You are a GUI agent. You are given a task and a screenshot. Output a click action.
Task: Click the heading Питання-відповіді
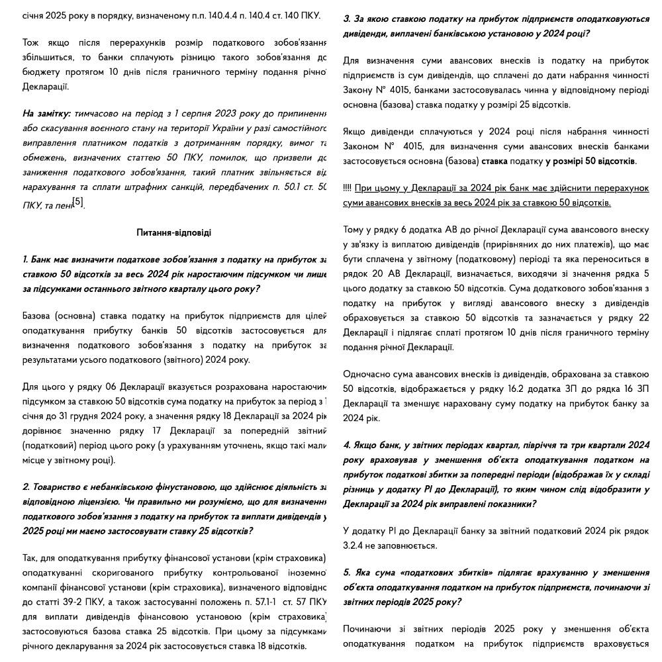[173, 233]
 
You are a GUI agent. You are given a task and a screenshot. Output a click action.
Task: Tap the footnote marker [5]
[78, 202]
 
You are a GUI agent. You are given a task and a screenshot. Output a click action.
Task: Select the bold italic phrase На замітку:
[47, 114]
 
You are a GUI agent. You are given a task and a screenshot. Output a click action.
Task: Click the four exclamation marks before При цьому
[347, 188]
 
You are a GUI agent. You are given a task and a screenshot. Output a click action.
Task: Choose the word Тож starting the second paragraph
[30, 43]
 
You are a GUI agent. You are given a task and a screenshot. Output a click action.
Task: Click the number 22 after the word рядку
[643, 318]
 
